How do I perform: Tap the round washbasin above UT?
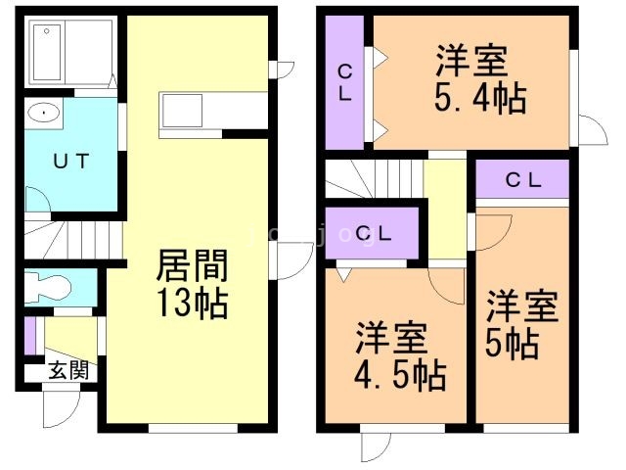(43, 114)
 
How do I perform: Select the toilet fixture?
(49, 287)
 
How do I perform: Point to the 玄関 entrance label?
(67, 371)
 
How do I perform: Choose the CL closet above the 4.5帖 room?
(373, 233)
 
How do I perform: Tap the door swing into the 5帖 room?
(495, 227)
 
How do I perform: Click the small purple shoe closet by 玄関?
(30, 334)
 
